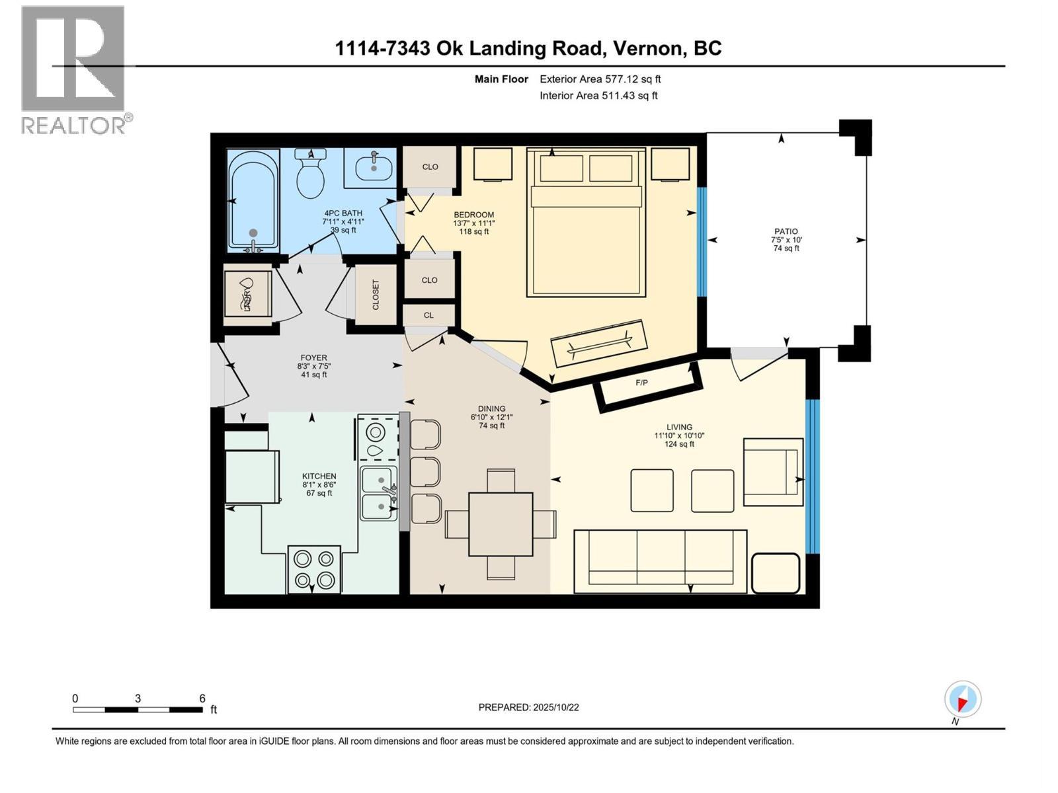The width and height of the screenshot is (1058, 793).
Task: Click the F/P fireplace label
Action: (641, 383)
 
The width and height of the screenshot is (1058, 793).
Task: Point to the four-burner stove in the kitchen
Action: (314, 570)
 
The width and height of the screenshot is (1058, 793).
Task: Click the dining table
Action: (501, 524)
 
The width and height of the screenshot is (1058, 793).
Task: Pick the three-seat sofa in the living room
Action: (660, 560)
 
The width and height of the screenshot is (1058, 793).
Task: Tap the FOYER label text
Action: (313, 358)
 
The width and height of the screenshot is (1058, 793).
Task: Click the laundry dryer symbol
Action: (247, 294)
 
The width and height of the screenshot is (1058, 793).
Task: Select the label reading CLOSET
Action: (376, 295)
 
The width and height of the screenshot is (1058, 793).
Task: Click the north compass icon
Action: (962, 700)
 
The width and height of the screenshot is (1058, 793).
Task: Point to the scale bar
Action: (138, 710)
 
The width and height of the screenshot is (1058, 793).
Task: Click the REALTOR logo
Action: (74, 69)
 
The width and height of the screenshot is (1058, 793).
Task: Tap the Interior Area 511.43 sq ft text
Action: (598, 95)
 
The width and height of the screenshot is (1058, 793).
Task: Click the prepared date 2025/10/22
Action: (528, 707)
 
